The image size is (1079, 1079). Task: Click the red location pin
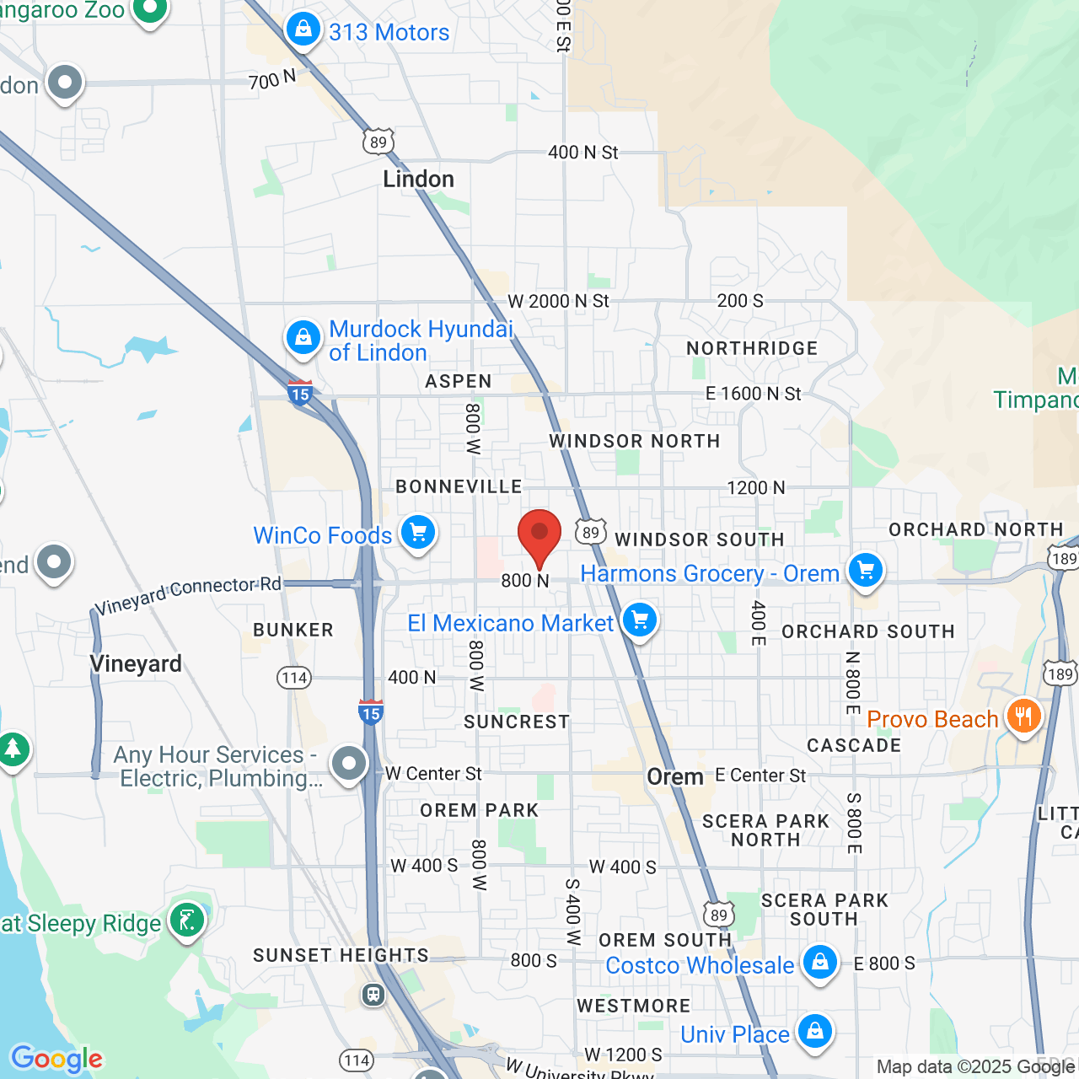539,534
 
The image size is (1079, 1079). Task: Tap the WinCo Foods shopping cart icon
417,532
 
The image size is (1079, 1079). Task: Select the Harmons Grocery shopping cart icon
866,570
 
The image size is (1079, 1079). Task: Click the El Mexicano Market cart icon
640,620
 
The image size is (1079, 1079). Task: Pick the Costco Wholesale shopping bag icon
819,962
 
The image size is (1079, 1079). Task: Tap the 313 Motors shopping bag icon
303,30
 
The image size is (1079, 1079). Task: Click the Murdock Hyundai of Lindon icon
303,338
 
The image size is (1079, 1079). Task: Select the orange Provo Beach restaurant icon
1023,717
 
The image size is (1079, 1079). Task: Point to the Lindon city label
418,179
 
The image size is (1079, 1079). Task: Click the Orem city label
674,776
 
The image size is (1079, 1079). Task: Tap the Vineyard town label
136,663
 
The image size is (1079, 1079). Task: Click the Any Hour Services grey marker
348,764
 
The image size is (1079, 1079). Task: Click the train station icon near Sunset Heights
373,995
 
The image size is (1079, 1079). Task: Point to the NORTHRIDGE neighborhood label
752,348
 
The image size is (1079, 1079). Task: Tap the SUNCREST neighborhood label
517,722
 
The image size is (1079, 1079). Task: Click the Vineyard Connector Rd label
187,595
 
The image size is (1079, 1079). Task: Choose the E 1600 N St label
753,394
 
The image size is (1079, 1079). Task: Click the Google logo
56,1058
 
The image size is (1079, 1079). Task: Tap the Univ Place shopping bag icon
814,1031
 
